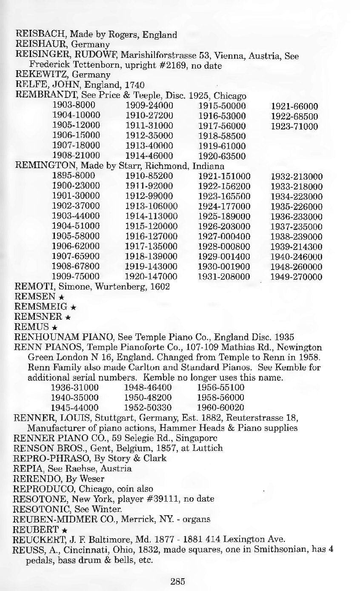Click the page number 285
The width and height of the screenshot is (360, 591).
point(178,581)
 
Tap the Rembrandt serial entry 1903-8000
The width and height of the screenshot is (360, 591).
point(73,105)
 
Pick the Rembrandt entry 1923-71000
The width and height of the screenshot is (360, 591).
point(294,126)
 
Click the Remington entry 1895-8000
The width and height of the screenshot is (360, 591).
point(73,176)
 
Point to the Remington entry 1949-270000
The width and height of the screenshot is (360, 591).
point(296,277)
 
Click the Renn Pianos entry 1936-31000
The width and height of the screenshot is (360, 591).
point(75,387)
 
